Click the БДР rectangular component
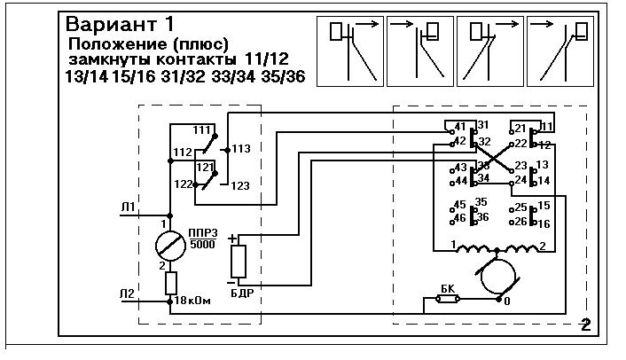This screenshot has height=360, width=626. point(239,262)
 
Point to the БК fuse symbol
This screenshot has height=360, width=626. point(447,301)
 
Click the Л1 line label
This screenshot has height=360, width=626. point(129,208)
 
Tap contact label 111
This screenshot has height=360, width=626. point(200,130)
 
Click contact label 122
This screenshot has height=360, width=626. point(183,184)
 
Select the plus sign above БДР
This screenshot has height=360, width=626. point(233,238)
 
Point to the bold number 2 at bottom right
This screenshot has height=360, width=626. point(584,324)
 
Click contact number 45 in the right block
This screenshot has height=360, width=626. point(458,205)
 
